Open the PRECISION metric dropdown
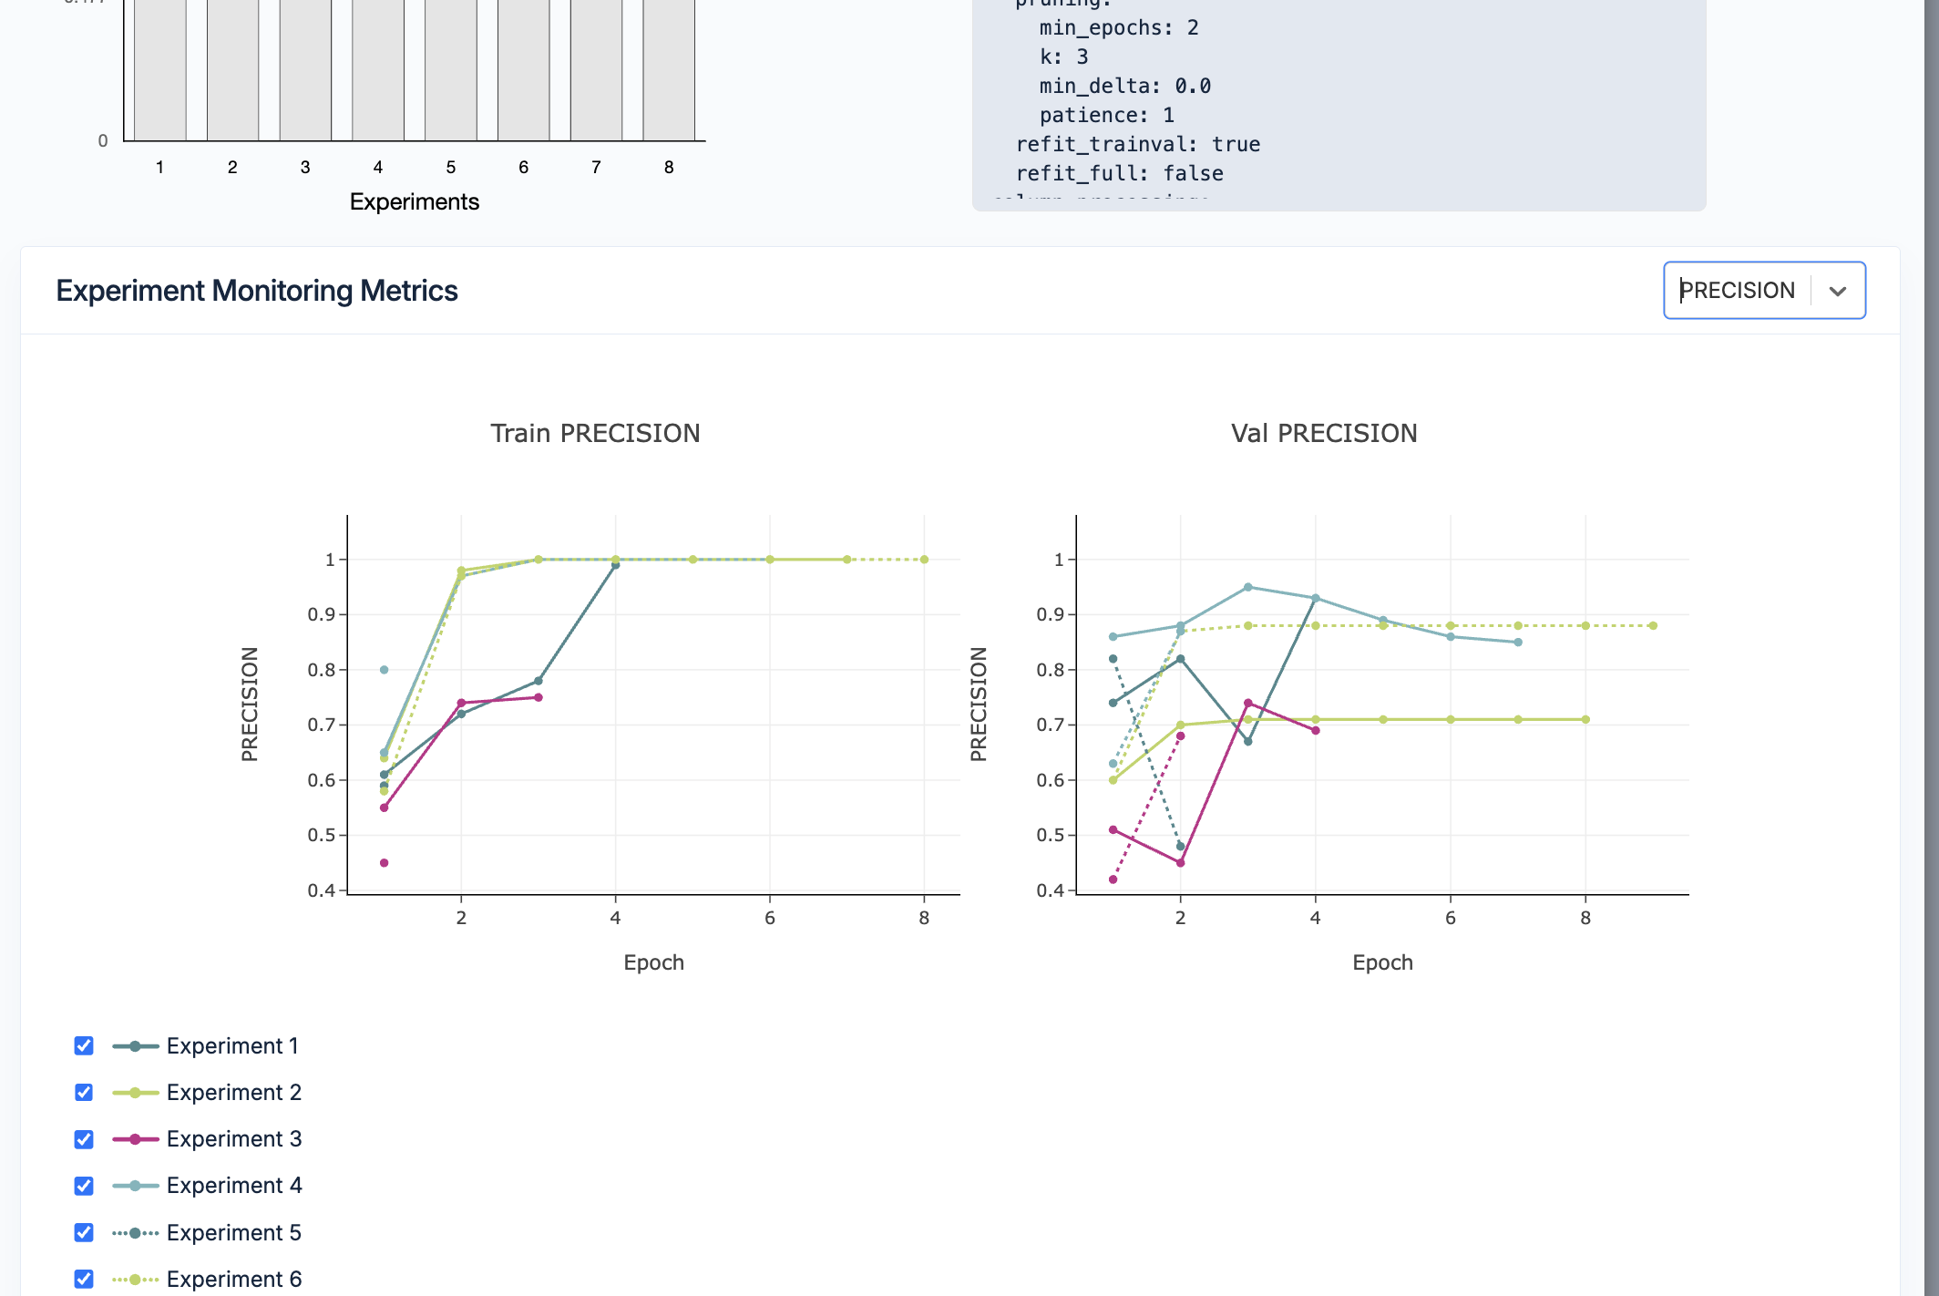click(x=1763, y=291)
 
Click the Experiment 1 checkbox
click(x=84, y=1045)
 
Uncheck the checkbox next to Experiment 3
click(x=84, y=1139)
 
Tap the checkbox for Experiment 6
click(x=84, y=1279)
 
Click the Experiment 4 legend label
click(x=233, y=1185)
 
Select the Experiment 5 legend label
click(x=233, y=1232)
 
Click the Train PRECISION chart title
click(x=595, y=433)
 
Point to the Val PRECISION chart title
click(x=1324, y=433)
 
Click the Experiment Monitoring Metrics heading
click(x=256, y=291)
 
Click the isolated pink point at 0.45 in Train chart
click(x=384, y=862)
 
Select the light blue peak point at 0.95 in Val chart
click(x=1247, y=587)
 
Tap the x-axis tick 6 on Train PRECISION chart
click(x=770, y=918)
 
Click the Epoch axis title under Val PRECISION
click(x=1382, y=962)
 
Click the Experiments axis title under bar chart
click(x=414, y=201)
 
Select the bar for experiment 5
click(x=451, y=73)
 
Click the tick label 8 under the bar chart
click(x=669, y=168)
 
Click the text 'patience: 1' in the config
click(x=1106, y=115)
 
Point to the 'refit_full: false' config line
click(x=1119, y=173)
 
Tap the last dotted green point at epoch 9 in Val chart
click(x=1653, y=625)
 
